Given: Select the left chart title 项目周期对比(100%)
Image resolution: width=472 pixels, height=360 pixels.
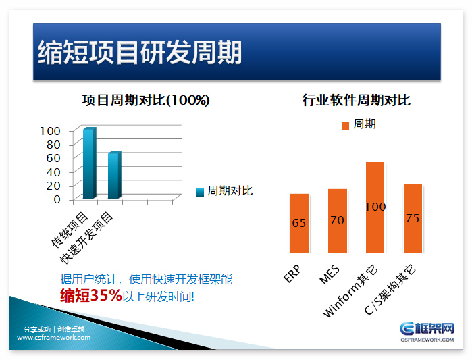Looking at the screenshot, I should [x=146, y=101].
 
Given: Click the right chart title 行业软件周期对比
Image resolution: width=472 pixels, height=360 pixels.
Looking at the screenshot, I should [x=356, y=101].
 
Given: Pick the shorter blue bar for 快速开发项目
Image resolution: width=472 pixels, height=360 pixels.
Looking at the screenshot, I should [x=114, y=175].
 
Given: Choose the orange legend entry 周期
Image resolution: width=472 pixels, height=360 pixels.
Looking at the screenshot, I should [x=359, y=124].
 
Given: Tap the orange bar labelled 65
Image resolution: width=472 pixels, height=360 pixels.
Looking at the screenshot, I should [x=299, y=223].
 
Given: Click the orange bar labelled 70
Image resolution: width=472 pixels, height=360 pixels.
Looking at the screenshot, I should [x=337, y=220].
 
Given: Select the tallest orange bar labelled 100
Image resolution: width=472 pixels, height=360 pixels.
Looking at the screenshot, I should [x=375, y=207].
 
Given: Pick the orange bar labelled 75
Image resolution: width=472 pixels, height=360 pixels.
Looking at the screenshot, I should [x=413, y=217].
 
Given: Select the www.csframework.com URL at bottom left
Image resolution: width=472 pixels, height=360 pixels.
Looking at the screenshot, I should [x=54, y=337].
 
